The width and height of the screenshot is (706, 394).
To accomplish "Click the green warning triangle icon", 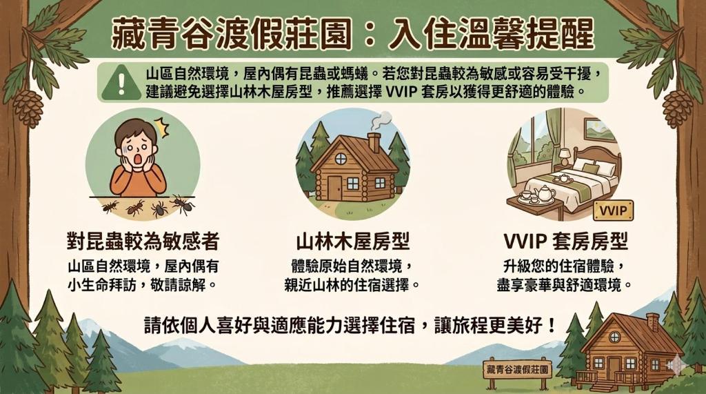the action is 120,83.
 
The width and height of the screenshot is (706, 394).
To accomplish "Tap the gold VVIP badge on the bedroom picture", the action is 614,210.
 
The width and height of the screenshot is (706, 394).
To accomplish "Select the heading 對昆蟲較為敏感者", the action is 143,242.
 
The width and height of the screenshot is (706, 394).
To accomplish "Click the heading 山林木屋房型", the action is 352,242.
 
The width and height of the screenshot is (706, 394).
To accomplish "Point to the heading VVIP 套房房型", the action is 565,242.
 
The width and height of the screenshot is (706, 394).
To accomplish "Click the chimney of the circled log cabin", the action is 374,142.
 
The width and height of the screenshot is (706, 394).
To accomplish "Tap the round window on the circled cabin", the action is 341,158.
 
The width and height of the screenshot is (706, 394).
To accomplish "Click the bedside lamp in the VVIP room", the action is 565,157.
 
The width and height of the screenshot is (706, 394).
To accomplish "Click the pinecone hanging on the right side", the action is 678,108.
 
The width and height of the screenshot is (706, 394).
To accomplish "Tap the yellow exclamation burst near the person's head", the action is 161,127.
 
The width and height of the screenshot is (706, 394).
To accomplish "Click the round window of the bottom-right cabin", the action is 614,336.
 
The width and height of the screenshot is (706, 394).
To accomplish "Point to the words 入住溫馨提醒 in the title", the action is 491,35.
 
